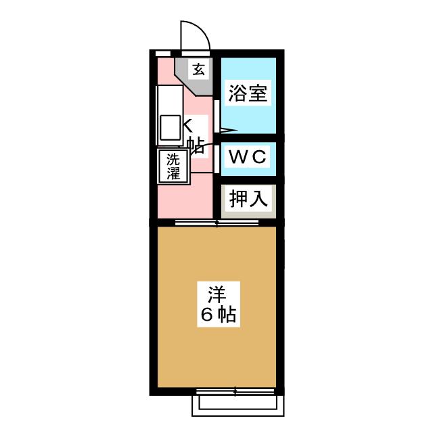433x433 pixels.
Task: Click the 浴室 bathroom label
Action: tap(248, 93)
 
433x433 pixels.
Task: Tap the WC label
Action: tap(248, 158)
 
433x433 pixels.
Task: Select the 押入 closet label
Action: tap(248, 198)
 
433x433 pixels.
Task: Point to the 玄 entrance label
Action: tap(198, 68)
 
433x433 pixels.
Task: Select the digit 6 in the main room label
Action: tap(206, 315)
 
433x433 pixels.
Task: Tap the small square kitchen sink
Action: tap(169, 127)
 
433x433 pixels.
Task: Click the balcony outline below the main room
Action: tap(237, 405)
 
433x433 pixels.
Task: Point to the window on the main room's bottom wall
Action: tap(235, 391)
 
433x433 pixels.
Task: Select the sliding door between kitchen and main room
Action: tap(216, 222)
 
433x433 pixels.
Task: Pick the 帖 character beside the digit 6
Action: tap(226, 315)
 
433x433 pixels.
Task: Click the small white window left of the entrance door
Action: tap(163, 52)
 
